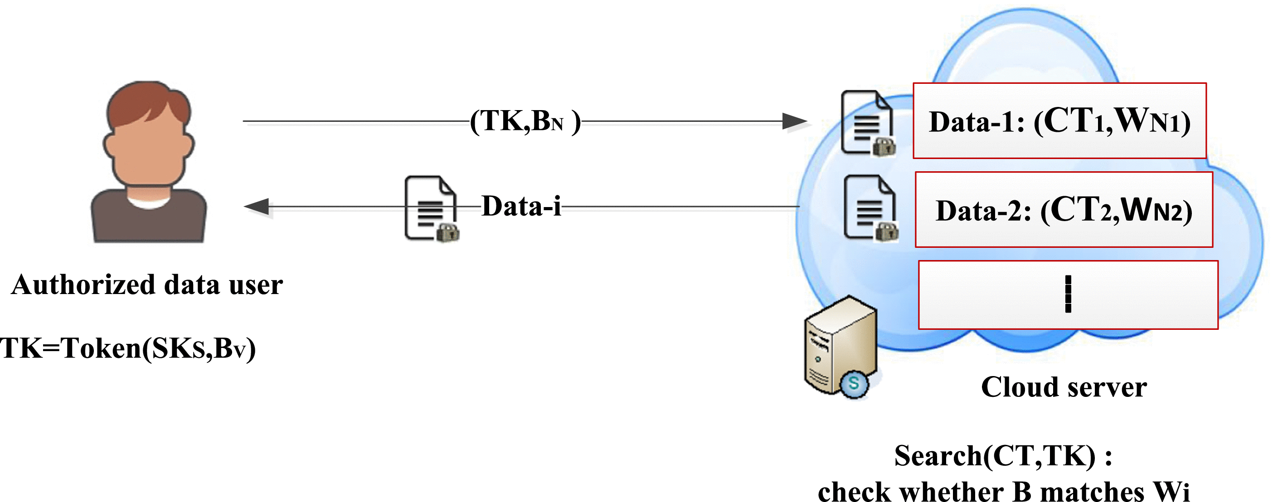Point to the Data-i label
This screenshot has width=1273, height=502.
tap(521, 207)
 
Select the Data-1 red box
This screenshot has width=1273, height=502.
tap(1059, 121)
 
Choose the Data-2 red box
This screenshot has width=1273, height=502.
tap(1064, 210)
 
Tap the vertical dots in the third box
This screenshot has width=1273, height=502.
tap(1068, 294)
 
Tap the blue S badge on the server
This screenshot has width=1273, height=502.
tap(854, 383)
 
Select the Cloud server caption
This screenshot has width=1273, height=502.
tap(1064, 387)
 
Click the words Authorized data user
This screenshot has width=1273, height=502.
tap(147, 285)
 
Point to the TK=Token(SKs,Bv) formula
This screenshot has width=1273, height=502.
tap(127, 348)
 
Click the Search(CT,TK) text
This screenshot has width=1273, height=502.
tap(1003, 455)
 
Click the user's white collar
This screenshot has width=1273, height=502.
tap(148, 203)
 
